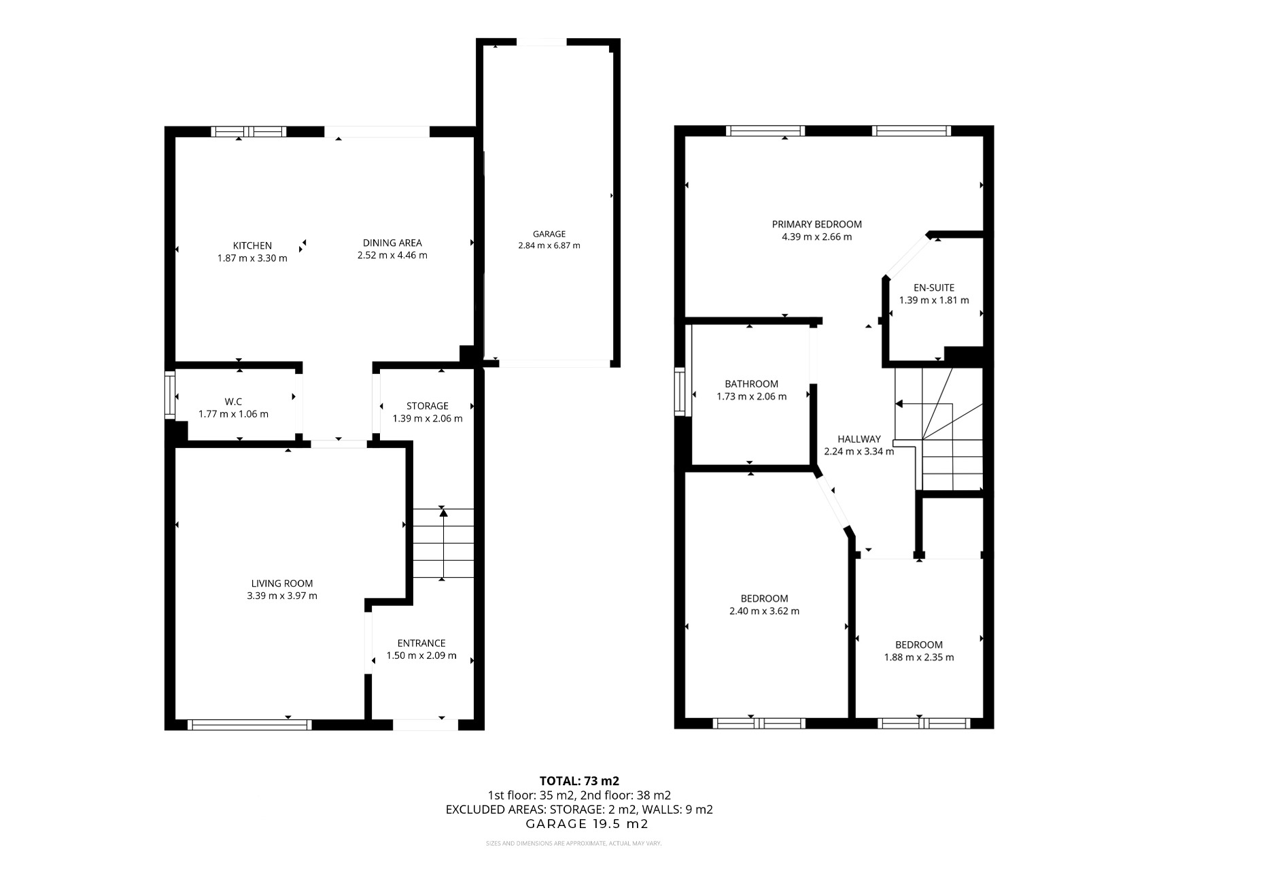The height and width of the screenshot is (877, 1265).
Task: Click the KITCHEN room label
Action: (x=252, y=245)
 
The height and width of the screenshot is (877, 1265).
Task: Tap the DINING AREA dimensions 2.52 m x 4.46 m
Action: (x=392, y=256)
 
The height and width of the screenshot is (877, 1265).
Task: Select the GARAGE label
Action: (x=549, y=234)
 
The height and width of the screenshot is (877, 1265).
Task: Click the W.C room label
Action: (x=233, y=401)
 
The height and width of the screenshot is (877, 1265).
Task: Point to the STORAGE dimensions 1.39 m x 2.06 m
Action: (x=427, y=419)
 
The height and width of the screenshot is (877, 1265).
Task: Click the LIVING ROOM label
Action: (x=282, y=583)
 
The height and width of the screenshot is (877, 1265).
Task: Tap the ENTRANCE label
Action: (x=421, y=643)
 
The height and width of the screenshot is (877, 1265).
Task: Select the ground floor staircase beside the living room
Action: (x=443, y=544)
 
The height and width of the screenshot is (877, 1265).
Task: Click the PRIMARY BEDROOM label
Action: (x=816, y=224)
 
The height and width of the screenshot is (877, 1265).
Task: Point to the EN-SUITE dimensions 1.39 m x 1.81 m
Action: (x=934, y=300)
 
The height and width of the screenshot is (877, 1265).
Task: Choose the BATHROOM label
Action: (x=751, y=384)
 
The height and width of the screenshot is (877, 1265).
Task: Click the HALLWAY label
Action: (x=859, y=439)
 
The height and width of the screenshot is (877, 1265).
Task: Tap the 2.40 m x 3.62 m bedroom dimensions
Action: (x=764, y=611)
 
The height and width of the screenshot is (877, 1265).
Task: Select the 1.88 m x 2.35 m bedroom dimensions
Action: (x=918, y=657)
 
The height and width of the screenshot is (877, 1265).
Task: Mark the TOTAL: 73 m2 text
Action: (x=579, y=781)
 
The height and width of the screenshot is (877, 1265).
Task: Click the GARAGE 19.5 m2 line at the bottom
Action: (x=587, y=824)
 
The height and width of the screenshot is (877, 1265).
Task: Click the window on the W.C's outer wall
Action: (x=170, y=394)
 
